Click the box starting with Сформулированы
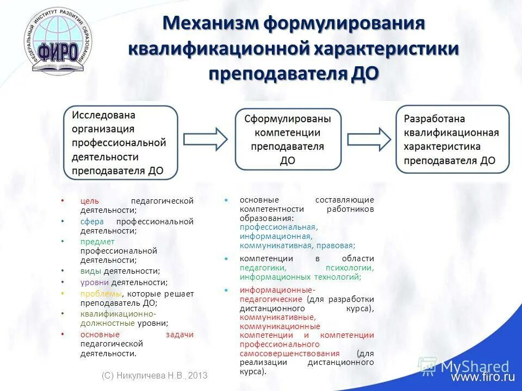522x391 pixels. (288, 140)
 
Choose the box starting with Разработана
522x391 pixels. (452, 140)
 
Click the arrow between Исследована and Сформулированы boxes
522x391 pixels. (206, 138)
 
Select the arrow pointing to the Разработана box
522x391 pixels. (369, 138)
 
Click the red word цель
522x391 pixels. (90, 201)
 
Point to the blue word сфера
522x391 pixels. (92, 222)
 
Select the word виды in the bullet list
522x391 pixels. (90, 270)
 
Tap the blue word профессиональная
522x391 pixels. (278, 227)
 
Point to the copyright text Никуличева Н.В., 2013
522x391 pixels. (154, 376)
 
